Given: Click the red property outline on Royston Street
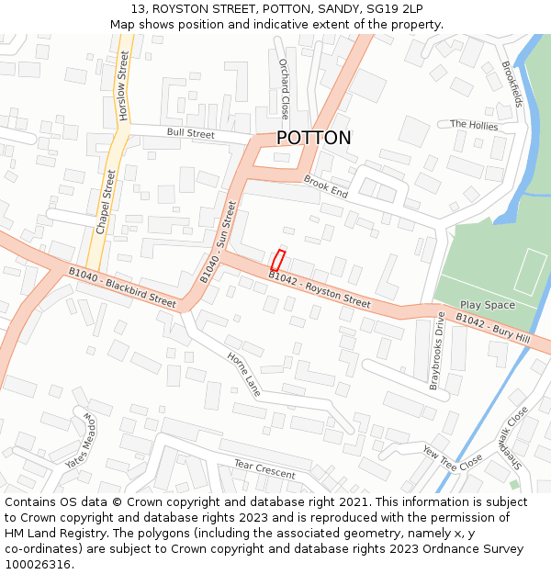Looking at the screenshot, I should coord(278,259).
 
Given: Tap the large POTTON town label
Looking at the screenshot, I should coord(313,138).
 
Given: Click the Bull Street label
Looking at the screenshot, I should coord(190,134).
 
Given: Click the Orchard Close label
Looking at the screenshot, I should coord(284,88).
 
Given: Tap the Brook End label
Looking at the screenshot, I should coord(325,187).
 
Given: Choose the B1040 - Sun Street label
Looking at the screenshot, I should coord(219,242).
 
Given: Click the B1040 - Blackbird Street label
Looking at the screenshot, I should coord(122,286).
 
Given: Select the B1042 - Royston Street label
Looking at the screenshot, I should coord(320,289).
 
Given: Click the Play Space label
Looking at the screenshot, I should coord(487,305).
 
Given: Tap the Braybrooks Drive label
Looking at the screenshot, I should coord(438,350).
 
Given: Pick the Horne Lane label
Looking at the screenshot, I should coord(243,375).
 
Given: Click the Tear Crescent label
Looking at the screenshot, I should coord(264,469).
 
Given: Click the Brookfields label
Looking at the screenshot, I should coord(512,84).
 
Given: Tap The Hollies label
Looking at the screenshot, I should coord(474,125).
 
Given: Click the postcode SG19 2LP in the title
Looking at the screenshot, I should coord(393,8).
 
